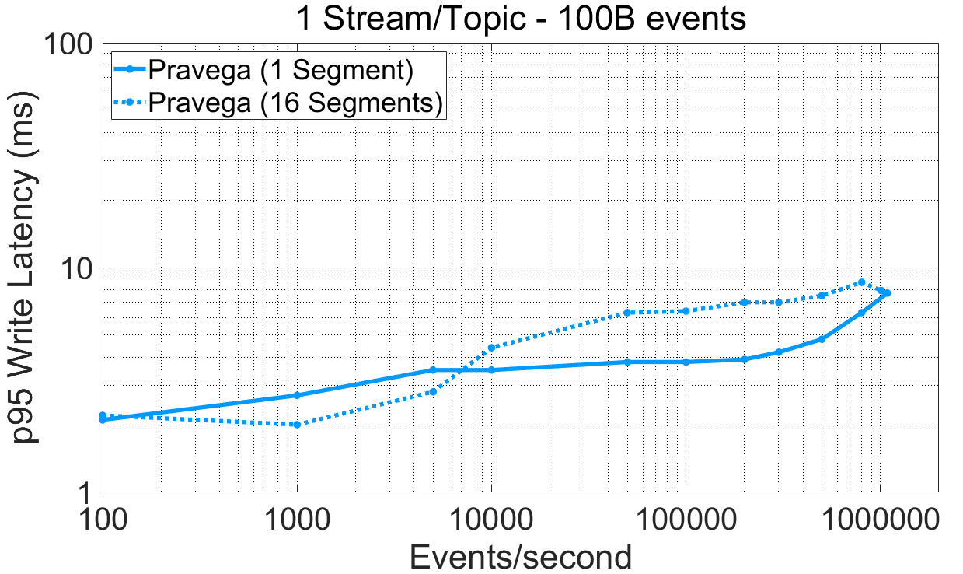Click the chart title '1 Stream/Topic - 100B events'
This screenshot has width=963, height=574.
520,19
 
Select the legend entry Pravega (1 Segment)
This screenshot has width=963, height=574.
280,71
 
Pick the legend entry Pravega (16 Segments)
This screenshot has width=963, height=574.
295,102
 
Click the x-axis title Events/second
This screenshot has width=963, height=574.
520,556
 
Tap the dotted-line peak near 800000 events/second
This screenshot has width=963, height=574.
861,282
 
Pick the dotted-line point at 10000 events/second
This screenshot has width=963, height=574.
491,348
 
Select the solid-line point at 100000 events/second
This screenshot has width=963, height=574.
686,362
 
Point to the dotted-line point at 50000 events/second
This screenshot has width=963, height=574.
627,313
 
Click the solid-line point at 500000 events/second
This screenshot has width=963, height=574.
822,339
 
